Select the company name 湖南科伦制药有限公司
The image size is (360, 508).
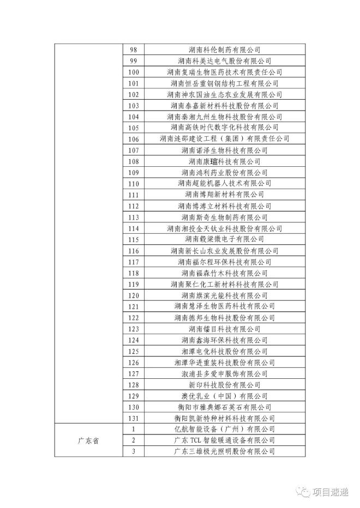coord(224,50)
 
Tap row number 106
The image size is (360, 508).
coord(134,139)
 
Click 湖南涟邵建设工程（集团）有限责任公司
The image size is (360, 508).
coord(224,139)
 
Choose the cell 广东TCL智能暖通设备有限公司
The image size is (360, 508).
coord(224,440)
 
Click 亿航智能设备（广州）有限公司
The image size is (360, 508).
coord(224,430)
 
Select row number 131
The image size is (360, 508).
coord(134,418)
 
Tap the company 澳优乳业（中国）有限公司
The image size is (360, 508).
coord(224,396)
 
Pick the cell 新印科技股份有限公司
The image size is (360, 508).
coord(224,385)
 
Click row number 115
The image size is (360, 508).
coord(134,239)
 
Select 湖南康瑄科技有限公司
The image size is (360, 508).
coord(224,161)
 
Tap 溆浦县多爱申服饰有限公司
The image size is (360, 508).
coord(224,374)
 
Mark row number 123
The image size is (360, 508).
coord(134,329)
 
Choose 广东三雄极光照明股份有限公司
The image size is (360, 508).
coord(224,451)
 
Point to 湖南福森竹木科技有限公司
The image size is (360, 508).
coord(224,273)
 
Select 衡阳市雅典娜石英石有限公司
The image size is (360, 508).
coord(224,407)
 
